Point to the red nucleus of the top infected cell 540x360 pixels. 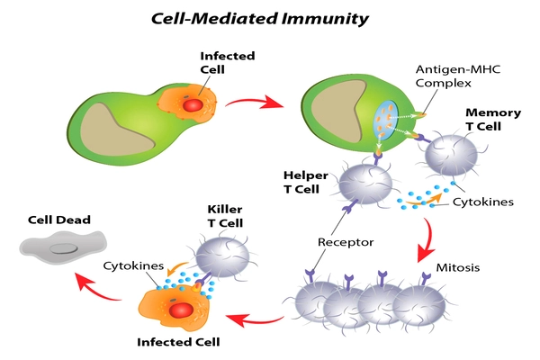[192, 105]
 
